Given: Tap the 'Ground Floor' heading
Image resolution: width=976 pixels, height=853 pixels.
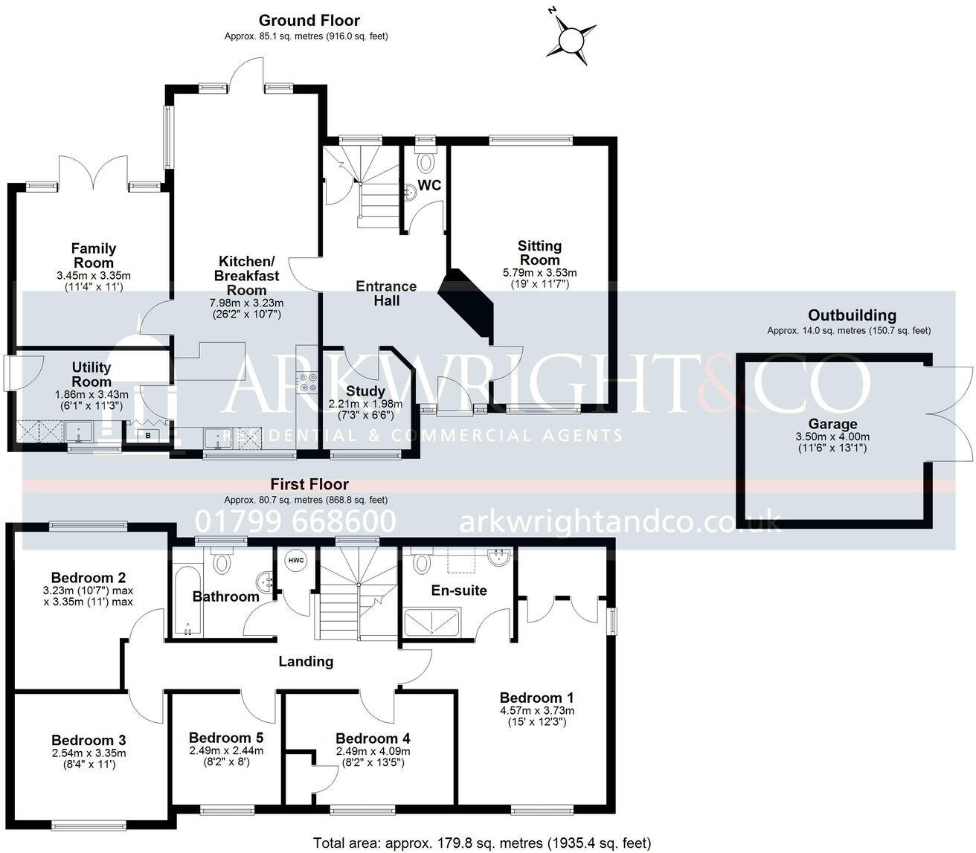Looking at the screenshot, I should click(309, 21).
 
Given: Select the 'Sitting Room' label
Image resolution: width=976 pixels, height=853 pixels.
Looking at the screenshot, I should click(539, 253).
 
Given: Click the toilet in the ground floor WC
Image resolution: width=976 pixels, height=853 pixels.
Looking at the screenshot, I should click(426, 162).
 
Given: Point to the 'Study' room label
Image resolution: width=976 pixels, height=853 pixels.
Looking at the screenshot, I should click(366, 391).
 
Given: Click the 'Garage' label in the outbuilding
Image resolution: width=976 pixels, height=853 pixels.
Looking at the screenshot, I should click(832, 424).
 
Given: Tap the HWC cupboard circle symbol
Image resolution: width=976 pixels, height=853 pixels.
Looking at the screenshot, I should click(296, 560).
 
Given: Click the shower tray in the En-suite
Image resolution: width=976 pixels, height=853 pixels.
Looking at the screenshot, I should click(432, 621).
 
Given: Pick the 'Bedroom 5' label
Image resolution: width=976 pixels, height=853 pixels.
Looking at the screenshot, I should click(225, 738).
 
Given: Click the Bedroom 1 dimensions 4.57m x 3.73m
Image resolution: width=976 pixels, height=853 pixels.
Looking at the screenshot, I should click(537, 710).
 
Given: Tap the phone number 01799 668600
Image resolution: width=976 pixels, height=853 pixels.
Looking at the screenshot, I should click(296, 521).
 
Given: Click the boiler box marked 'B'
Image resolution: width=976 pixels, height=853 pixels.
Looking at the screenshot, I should click(147, 435).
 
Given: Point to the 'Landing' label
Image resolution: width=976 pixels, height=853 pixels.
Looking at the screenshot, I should click(306, 661).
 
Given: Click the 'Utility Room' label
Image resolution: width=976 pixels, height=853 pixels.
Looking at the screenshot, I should click(91, 374).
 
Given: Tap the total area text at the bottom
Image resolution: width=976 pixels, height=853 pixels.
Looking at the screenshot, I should click(482, 843).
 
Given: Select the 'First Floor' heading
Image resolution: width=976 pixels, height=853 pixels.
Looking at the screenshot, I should click(309, 485).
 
